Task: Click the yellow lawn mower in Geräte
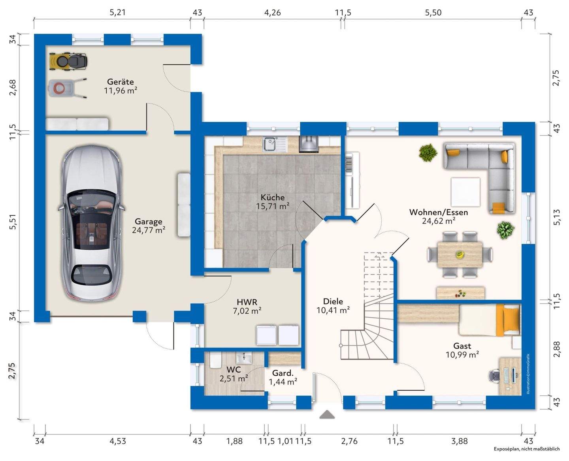pyautogui.click(x=68, y=61)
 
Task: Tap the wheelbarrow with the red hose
pyautogui.click(x=68, y=88)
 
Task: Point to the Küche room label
pyautogui.click(x=273, y=198)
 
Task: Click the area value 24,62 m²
pyautogui.click(x=439, y=221)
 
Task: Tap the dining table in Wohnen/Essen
pyautogui.click(x=460, y=254)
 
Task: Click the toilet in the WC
pyautogui.click(x=215, y=360)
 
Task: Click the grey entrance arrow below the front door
pyautogui.click(x=327, y=414)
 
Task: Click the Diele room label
pyautogui.click(x=333, y=301)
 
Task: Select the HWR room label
pyautogui.click(x=247, y=302)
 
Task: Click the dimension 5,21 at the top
pyautogui.click(x=117, y=12)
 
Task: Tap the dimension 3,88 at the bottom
pyautogui.click(x=460, y=441)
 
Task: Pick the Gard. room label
pyautogui.click(x=283, y=373)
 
